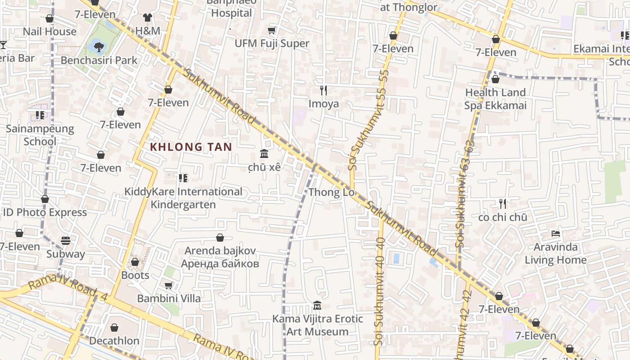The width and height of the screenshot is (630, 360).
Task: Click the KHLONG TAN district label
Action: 191,147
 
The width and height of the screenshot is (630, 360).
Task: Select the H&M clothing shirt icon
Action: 148,18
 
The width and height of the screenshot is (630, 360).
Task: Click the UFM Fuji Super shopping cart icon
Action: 272,30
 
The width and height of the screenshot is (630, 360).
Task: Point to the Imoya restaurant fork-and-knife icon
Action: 324,90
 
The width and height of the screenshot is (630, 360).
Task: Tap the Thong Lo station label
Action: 331,193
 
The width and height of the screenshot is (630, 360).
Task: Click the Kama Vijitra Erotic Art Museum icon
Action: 317,306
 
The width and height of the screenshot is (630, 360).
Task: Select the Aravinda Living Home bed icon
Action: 556,234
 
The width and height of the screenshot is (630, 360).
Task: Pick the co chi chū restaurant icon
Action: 503,204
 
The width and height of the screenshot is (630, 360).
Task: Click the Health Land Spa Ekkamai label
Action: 495,99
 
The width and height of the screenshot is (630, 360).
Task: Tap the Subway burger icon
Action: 66,241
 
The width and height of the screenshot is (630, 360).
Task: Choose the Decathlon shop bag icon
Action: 114,328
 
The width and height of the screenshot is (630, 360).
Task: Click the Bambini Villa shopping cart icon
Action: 169,285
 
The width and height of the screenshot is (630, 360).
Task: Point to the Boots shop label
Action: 135,275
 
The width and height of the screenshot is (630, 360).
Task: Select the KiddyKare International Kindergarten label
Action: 183,198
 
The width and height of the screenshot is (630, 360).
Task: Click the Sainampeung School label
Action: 40,135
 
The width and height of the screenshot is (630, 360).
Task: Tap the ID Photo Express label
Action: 45,212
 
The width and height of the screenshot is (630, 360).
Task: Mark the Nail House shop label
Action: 49,31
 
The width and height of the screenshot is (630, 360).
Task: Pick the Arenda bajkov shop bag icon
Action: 220,238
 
